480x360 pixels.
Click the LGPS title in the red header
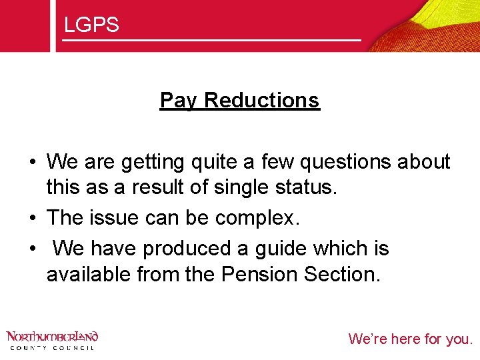point(91,25)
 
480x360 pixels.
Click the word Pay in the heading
point(179,101)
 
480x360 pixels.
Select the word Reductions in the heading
point(262,101)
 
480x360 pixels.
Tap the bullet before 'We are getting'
point(31,162)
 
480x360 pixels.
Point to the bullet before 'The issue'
point(31,219)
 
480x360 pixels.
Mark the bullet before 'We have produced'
point(31,249)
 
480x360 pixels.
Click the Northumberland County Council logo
point(52,340)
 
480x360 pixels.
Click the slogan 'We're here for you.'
point(410,339)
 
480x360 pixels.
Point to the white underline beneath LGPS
point(211,41)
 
